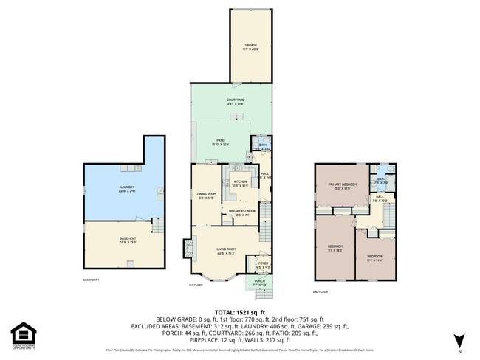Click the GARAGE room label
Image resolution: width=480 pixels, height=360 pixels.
[x=250, y=46]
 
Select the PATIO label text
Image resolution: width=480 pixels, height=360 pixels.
[x=220, y=141]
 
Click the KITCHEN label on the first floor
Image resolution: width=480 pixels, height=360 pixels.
[x=240, y=182]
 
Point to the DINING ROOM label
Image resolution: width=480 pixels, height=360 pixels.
[x=206, y=195]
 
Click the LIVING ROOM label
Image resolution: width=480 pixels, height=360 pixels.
[x=224, y=251]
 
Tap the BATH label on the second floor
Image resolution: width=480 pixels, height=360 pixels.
[x=382, y=179]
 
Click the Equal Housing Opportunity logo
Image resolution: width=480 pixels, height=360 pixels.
[x=23, y=334]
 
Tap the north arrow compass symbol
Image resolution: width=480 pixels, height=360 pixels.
[x=459, y=340]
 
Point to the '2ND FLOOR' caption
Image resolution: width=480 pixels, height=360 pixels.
[x=320, y=292]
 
